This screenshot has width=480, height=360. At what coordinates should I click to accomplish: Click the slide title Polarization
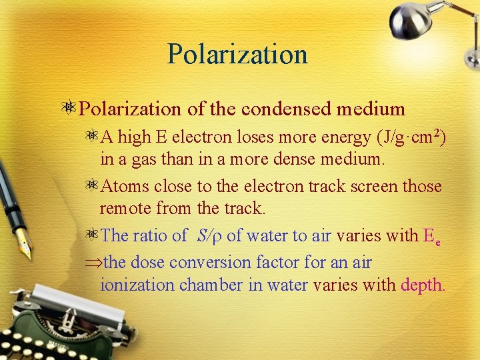[237, 54]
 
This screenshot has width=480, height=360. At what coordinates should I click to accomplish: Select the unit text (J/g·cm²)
[411, 138]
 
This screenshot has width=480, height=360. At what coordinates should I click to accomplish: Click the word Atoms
[122, 186]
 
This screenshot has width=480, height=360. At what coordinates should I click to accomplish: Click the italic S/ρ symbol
[210, 235]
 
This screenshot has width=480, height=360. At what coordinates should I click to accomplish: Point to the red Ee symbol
[431, 236]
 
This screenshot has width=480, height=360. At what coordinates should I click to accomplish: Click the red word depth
[422, 286]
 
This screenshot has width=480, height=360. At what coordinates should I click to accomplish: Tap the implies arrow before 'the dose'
[94, 263]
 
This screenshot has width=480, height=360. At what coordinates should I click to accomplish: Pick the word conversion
[209, 263]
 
